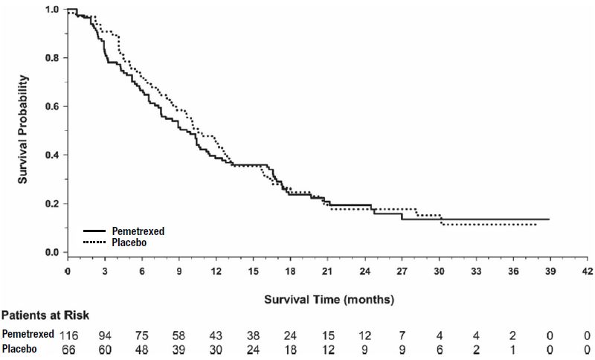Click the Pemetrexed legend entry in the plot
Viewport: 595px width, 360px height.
point(137,231)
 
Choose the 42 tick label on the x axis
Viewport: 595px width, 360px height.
point(587,271)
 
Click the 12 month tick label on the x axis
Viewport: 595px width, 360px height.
point(216,271)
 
